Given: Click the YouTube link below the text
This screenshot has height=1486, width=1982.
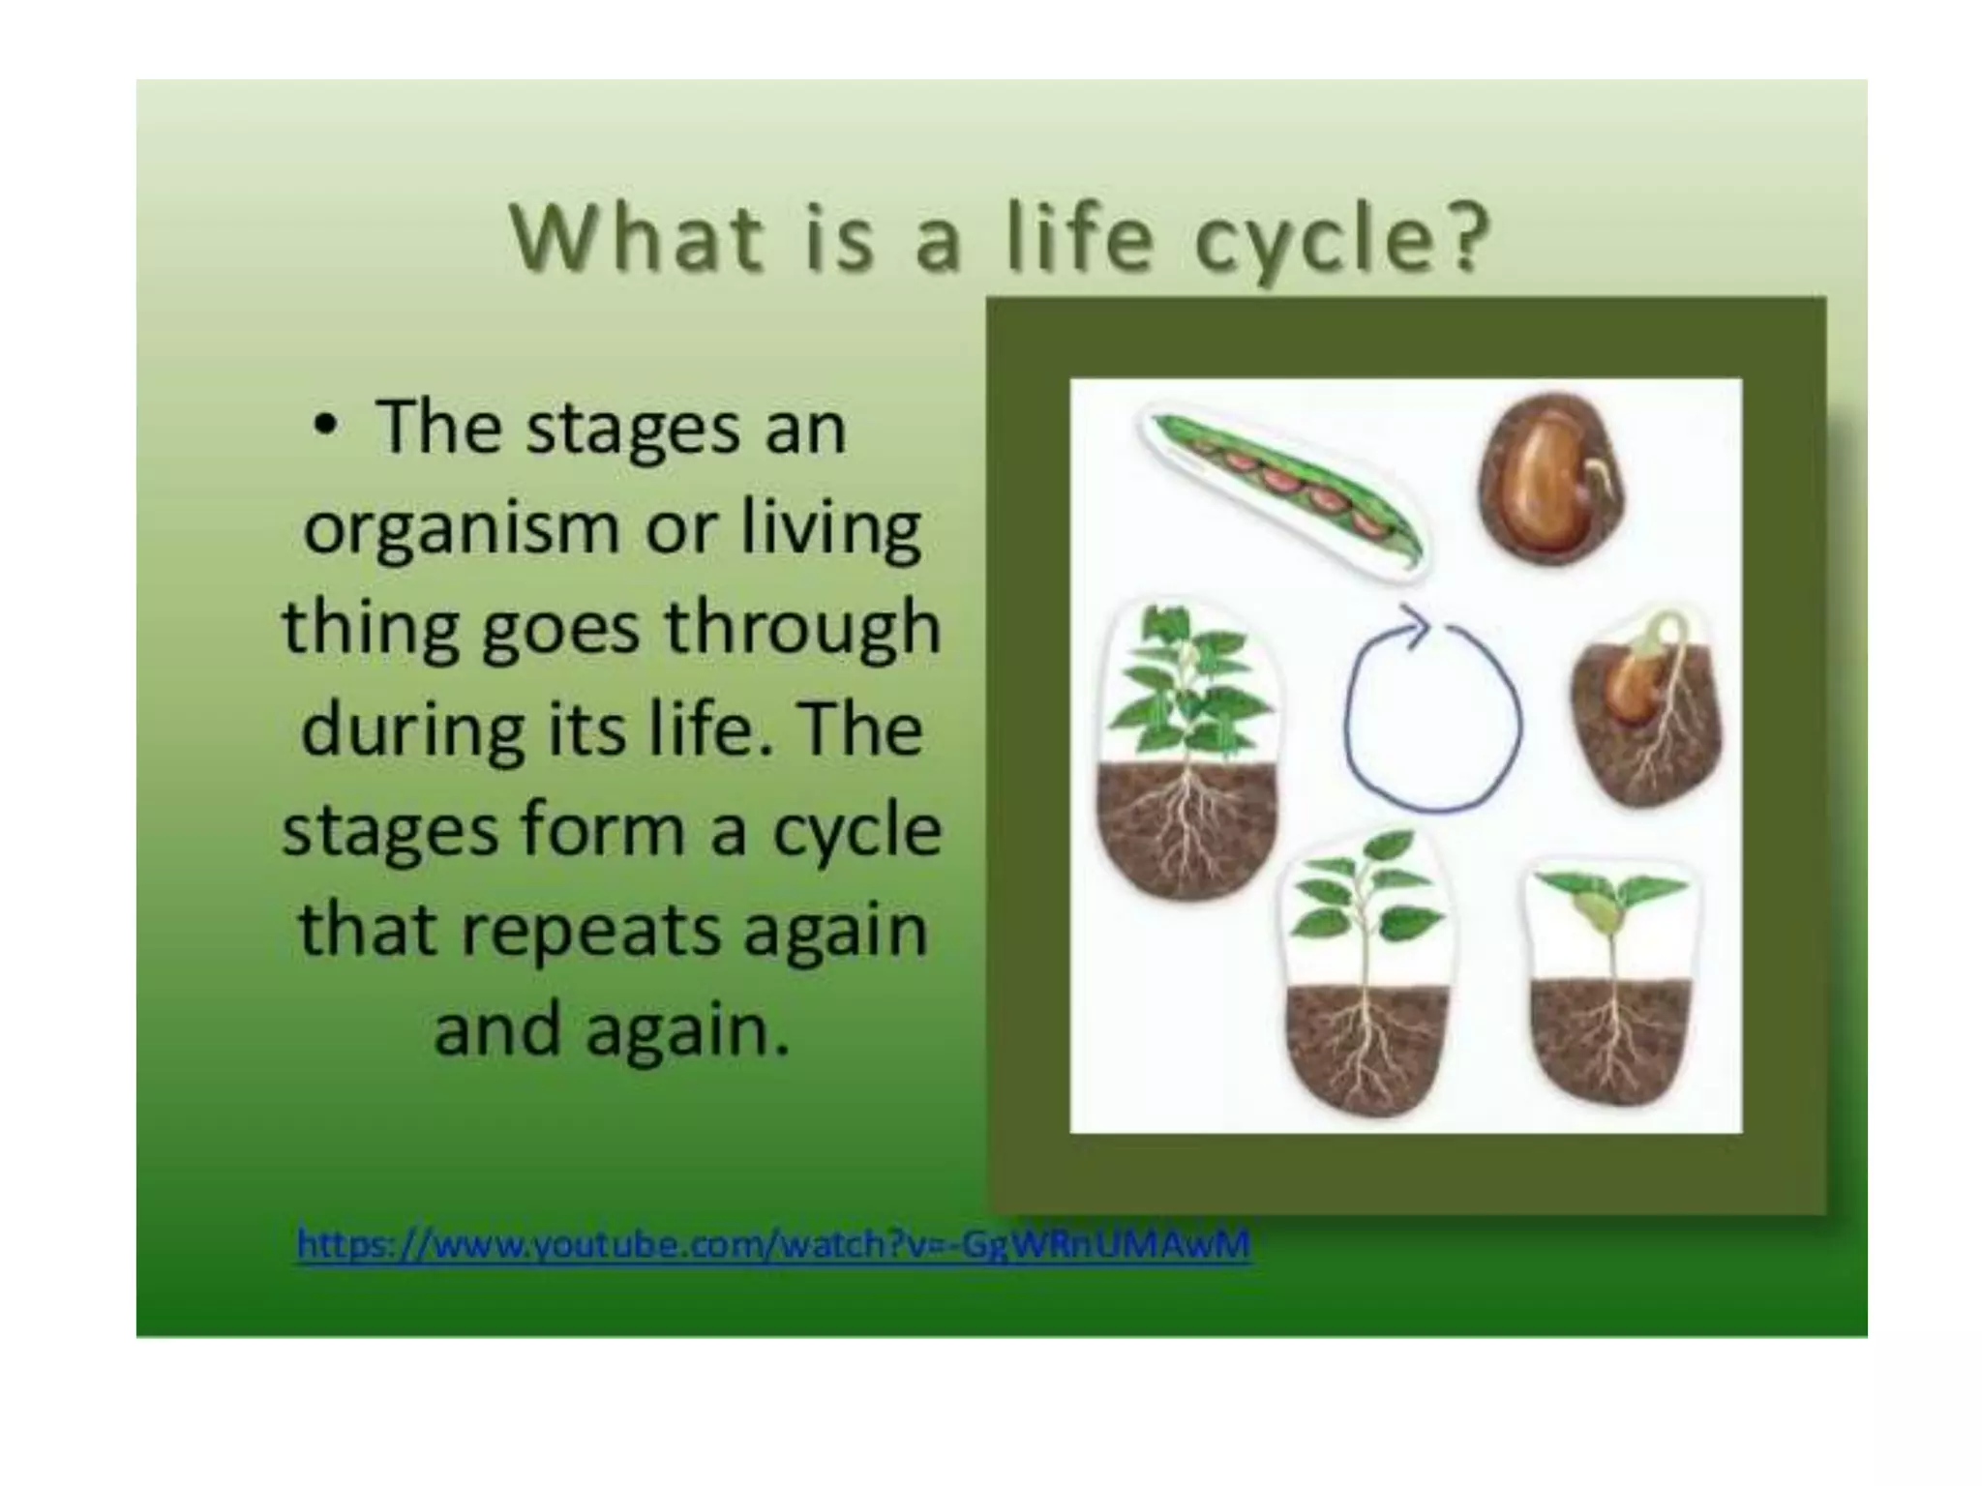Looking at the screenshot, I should tap(772, 1243).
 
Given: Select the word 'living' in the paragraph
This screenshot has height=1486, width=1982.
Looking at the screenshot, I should tap(830, 530).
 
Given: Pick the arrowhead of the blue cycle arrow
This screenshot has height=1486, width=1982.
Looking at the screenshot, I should tap(1415, 625).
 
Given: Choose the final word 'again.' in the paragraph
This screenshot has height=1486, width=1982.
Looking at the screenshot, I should tap(688, 1029).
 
